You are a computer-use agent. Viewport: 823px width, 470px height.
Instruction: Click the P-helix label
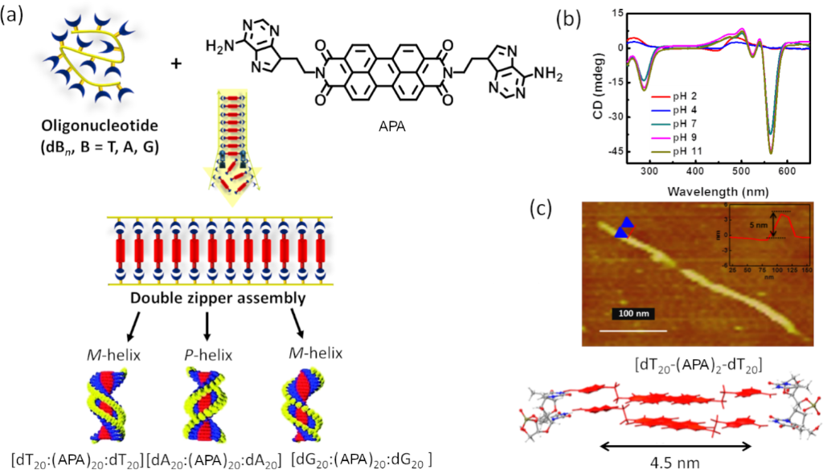pyautogui.click(x=207, y=352)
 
